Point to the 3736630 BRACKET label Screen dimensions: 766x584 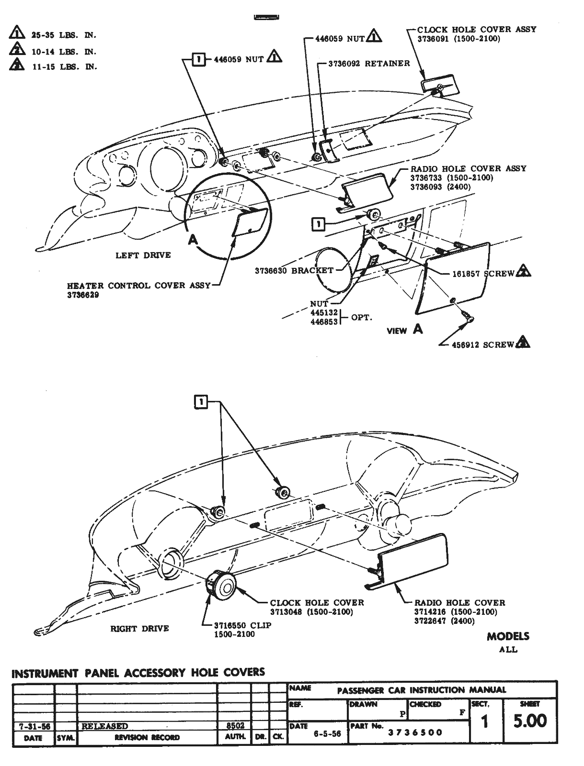(x=294, y=270)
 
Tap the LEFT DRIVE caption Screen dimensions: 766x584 (x=143, y=255)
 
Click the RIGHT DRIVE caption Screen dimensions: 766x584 (x=139, y=629)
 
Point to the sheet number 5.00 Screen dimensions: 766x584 (x=529, y=721)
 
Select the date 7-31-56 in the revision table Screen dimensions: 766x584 (x=33, y=726)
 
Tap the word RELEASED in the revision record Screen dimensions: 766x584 (x=105, y=726)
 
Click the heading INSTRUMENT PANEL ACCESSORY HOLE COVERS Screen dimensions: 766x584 (x=138, y=673)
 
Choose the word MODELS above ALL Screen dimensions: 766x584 (x=508, y=636)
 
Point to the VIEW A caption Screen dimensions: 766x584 (x=405, y=330)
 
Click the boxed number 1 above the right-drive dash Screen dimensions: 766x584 (x=201, y=402)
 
